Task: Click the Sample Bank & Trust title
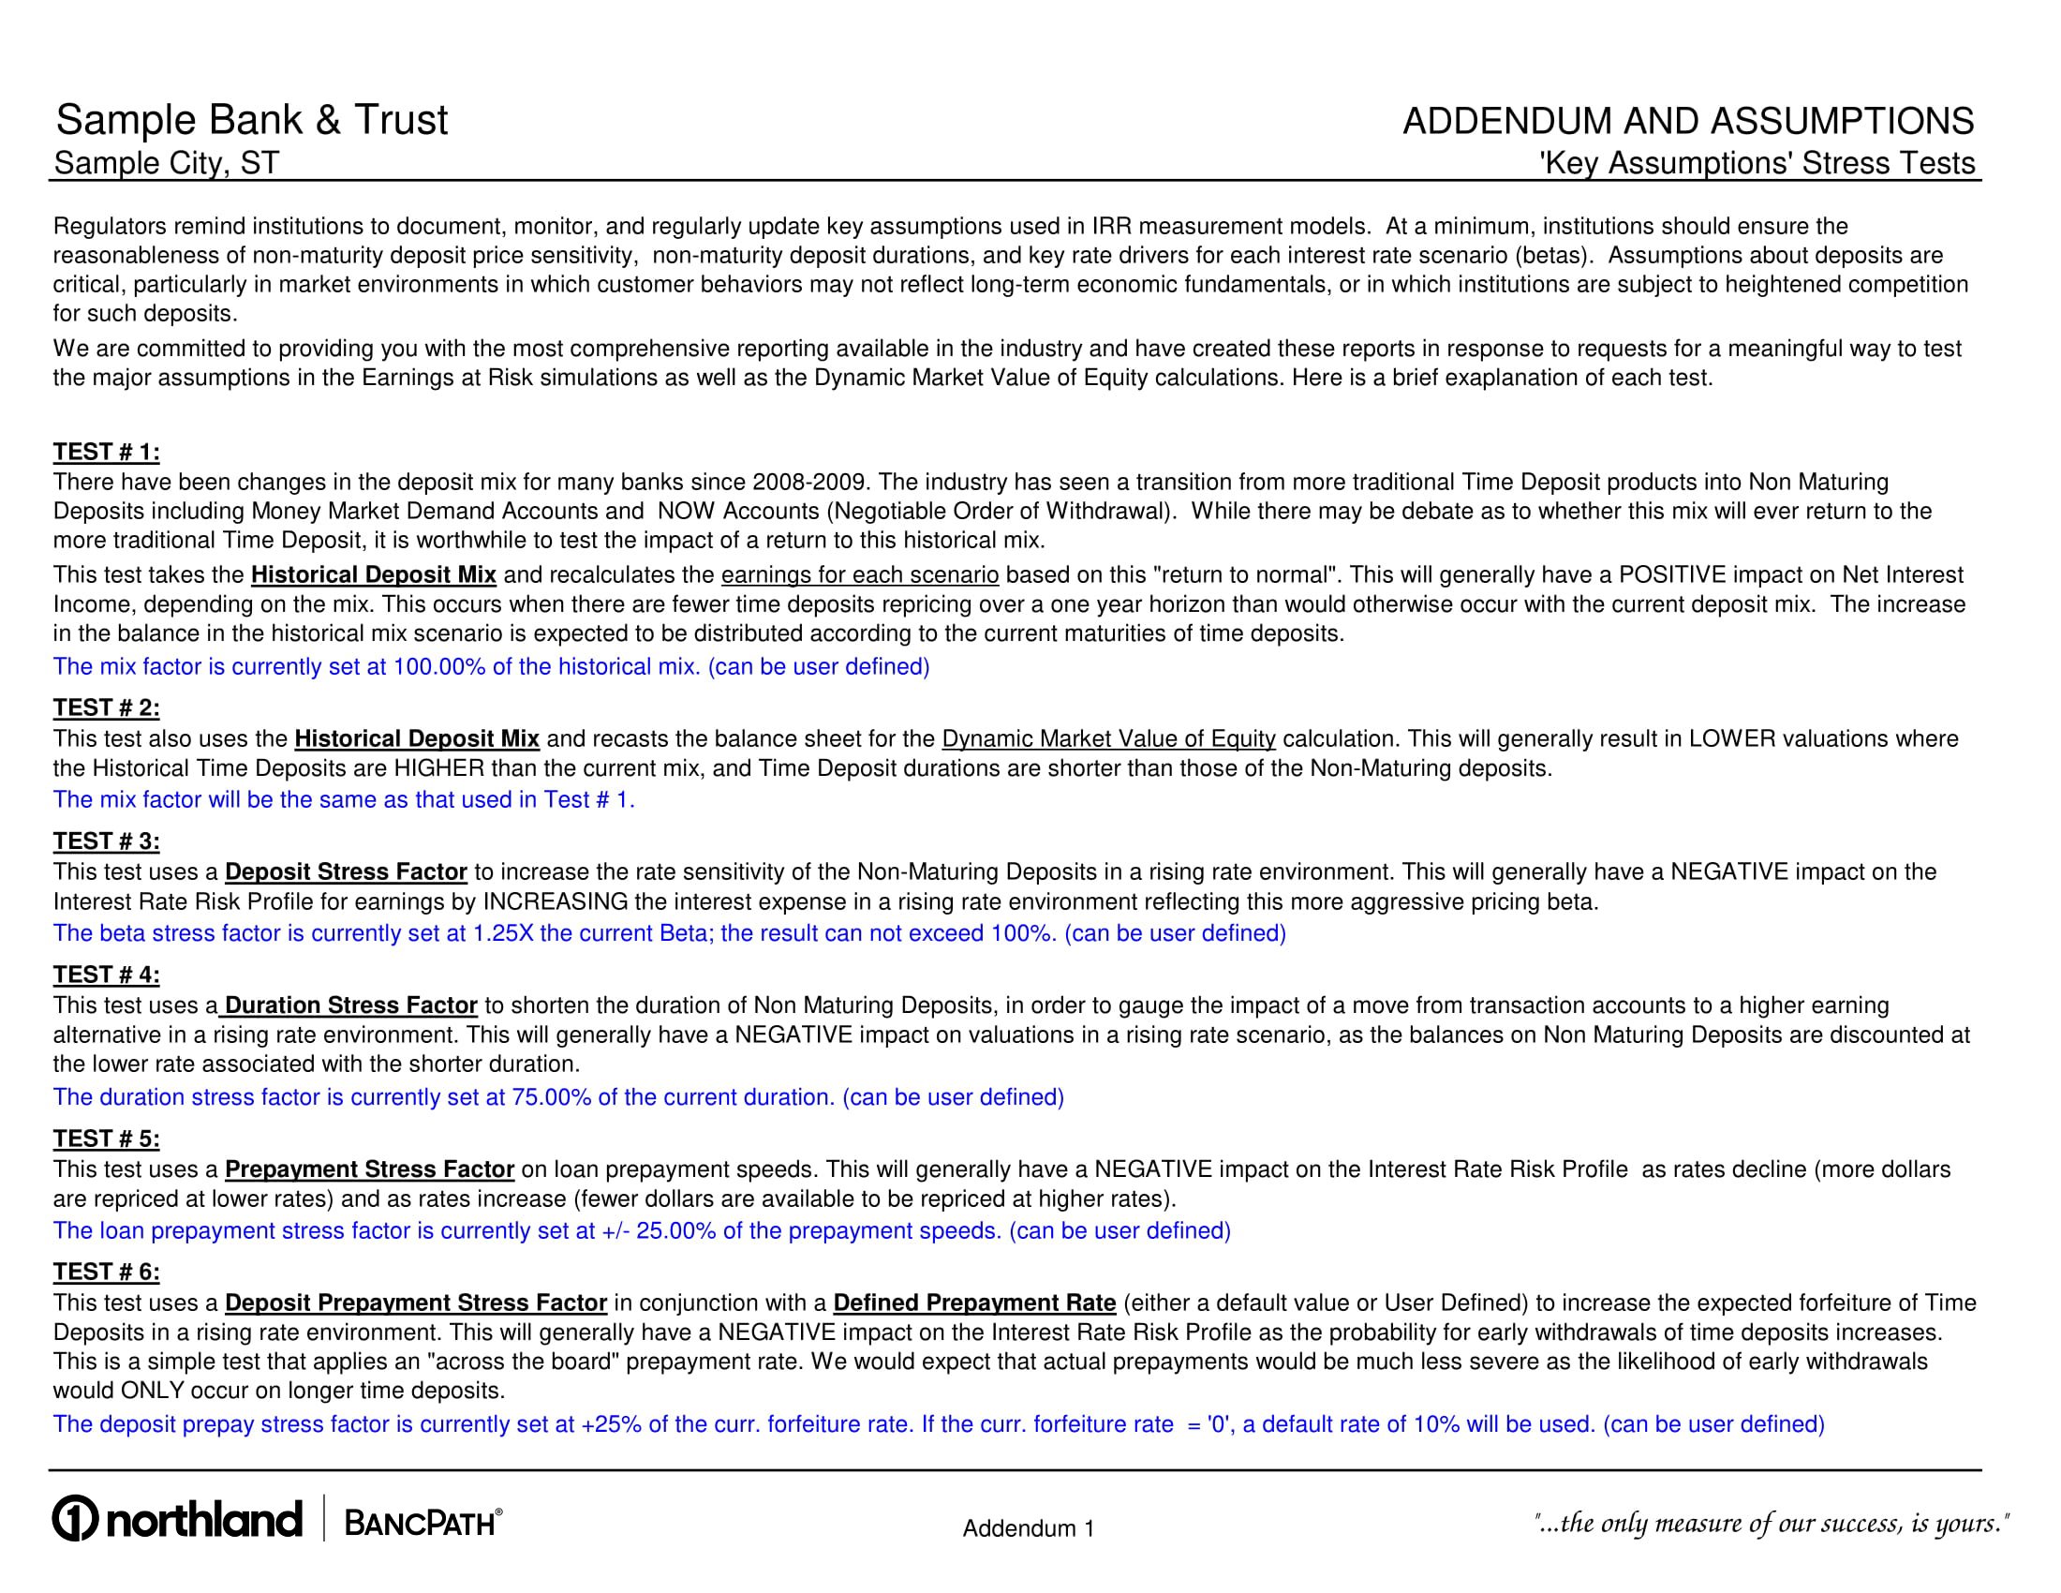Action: click(x=252, y=121)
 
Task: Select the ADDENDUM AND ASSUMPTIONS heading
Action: click(x=1687, y=122)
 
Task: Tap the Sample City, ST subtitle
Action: click(x=166, y=163)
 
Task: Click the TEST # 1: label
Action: click(x=106, y=452)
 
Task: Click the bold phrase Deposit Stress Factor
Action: click(x=346, y=872)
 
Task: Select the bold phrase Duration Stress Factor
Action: click(x=350, y=1005)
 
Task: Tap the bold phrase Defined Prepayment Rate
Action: click(x=974, y=1303)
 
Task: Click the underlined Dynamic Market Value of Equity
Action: click(x=1108, y=739)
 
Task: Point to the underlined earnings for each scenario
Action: click(x=860, y=574)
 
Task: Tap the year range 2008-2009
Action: click(x=808, y=483)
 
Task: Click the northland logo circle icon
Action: click(x=76, y=1519)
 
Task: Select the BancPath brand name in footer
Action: click(x=421, y=1522)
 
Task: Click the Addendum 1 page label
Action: click(x=1028, y=1528)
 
